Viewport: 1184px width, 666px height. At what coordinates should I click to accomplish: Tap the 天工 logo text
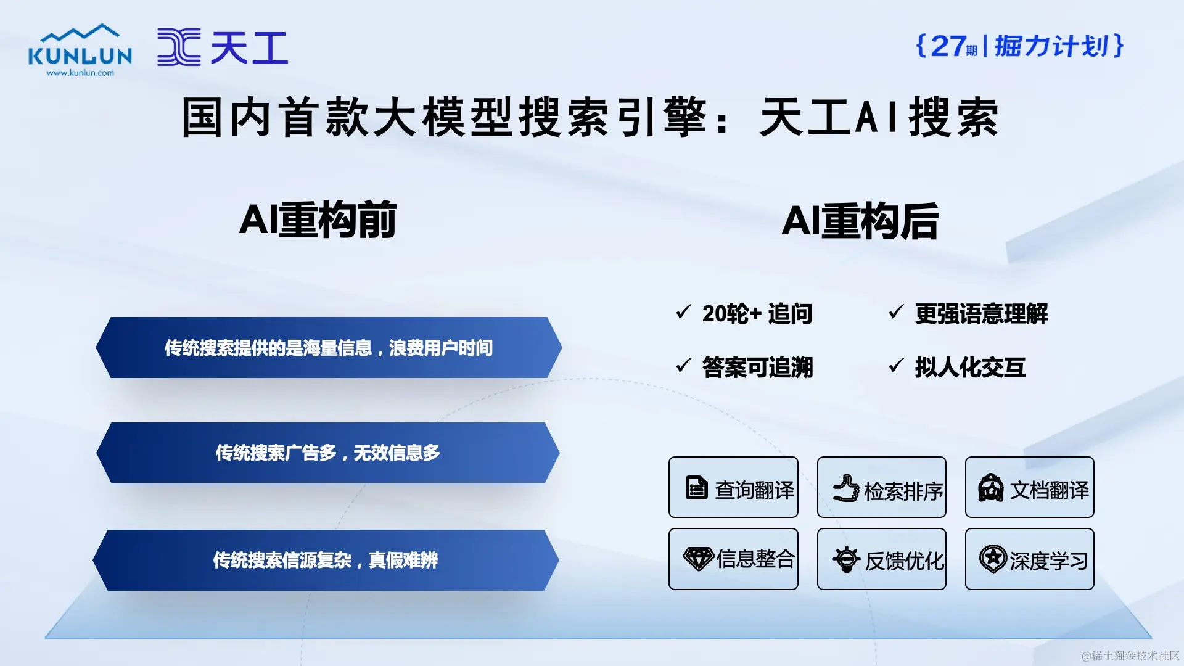click(249, 47)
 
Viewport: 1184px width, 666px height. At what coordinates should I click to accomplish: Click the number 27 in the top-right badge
click(948, 46)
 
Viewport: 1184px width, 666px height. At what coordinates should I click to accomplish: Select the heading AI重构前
click(318, 220)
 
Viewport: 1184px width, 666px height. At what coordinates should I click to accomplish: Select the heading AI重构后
click(860, 221)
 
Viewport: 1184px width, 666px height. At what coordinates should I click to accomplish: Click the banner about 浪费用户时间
click(329, 348)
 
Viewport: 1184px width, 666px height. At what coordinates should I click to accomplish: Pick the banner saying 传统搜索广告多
click(328, 453)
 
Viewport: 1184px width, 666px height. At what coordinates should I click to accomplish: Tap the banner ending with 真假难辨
click(326, 560)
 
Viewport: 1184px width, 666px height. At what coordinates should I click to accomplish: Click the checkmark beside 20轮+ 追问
click(683, 312)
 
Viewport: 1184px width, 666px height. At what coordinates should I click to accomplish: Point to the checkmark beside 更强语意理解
click(896, 312)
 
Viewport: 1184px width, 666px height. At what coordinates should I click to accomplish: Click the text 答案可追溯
click(758, 368)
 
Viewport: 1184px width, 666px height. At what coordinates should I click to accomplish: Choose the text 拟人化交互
click(970, 368)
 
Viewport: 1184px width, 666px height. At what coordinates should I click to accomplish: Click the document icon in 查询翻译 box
click(697, 487)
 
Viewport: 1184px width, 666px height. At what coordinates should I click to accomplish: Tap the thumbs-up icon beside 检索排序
click(846, 488)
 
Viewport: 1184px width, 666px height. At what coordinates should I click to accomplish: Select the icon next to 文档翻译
click(991, 488)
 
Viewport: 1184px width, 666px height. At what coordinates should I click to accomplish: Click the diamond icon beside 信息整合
click(699, 559)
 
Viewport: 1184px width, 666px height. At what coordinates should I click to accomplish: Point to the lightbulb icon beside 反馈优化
click(846, 559)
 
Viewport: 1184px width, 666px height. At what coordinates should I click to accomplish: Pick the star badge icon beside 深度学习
click(993, 559)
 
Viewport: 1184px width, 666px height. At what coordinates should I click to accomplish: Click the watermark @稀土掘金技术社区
click(1130, 656)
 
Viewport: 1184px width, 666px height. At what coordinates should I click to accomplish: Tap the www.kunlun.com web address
click(80, 73)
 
